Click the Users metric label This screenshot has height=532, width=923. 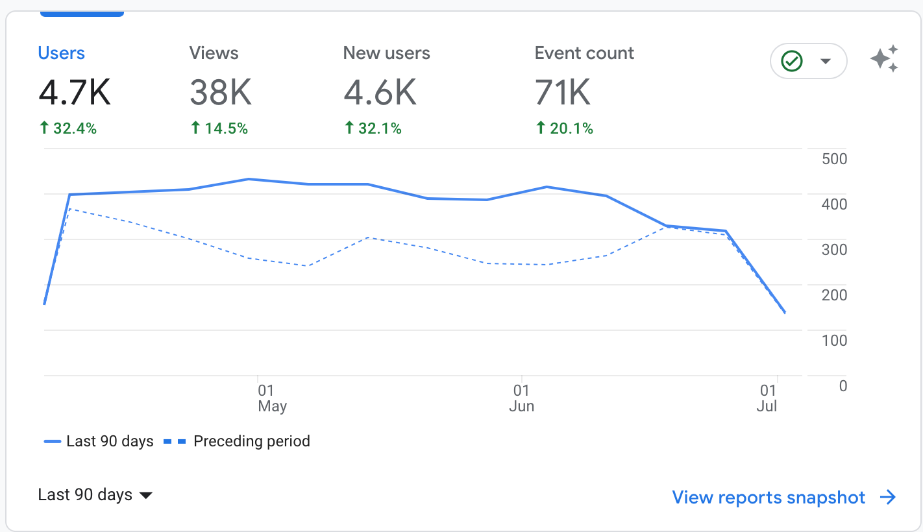62,53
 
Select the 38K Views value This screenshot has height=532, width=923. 221,93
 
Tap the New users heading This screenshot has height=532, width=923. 386,53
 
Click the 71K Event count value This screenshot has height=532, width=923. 563,93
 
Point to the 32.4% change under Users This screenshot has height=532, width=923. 68,128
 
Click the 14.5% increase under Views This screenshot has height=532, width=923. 219,128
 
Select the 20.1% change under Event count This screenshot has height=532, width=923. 565,128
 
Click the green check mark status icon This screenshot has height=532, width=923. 792,61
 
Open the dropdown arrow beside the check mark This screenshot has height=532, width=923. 826,61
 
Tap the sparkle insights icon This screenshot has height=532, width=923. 884,59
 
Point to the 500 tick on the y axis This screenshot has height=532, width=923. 834,159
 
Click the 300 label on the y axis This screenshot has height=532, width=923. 834,250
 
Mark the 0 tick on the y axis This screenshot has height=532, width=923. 843,386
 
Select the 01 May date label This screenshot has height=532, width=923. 271,398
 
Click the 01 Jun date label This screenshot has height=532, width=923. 521,398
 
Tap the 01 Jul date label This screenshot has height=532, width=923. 768,398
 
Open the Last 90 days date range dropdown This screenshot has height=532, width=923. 95,495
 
